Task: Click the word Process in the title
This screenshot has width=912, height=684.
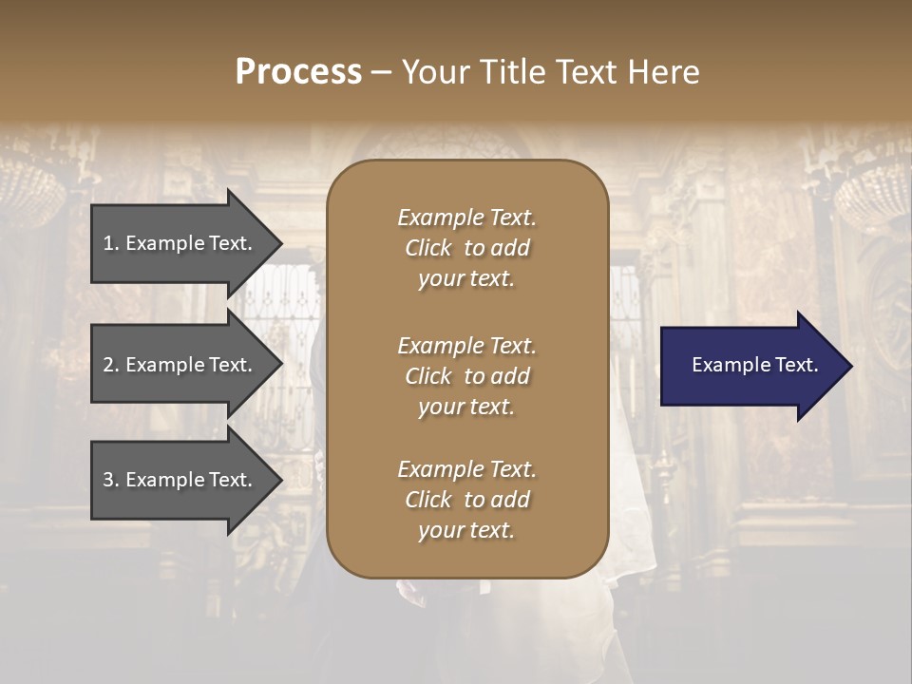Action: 298,72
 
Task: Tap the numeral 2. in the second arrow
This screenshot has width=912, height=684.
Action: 111,365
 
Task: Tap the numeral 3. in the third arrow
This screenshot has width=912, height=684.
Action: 111,480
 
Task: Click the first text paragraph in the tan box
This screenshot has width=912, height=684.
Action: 466,248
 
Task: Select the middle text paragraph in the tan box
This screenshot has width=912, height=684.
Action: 466,375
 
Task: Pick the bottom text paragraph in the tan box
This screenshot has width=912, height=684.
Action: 466,500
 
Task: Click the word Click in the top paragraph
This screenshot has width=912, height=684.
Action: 428,248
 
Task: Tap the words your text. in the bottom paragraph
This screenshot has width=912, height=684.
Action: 466,530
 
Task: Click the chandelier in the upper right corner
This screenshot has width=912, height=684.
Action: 874,195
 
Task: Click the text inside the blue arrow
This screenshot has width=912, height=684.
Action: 755,365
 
